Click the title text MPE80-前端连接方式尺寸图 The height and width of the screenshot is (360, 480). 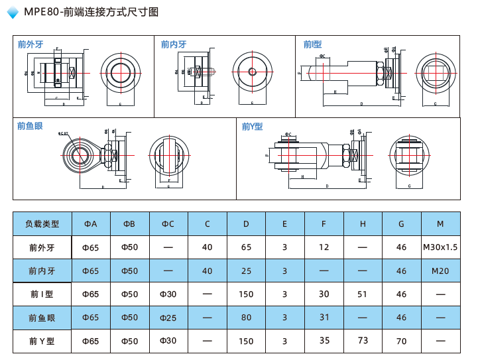click(91, 12)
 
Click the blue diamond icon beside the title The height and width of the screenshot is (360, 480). click(12, 13)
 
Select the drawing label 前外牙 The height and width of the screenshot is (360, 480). click(30, 44)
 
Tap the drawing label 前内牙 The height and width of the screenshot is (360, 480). click(174, 44)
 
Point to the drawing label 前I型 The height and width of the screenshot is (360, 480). click(313, 44)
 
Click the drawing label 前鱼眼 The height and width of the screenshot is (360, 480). click(30, 126)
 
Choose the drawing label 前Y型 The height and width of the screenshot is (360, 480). click(253, 126)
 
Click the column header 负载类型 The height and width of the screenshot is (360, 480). click(42, 224)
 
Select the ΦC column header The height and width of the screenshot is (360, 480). click(168, 224)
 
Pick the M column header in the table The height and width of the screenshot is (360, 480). click(440, 224)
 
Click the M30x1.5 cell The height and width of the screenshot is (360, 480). click(440, 247)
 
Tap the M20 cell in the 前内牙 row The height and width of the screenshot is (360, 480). click(440, 271)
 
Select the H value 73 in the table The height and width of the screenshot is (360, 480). click(363, 341)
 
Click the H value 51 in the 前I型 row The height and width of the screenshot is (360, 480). click(363, 294)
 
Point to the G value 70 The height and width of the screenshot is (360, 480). click(401, 341)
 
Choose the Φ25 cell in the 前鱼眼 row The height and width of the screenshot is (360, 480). click(168, 318)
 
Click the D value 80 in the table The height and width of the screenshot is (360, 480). click(246, 318)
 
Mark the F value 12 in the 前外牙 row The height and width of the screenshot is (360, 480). click(324, 247)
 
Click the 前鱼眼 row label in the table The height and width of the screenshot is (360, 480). click(42, 318)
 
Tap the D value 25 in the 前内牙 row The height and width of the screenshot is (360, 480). click(246, 271)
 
